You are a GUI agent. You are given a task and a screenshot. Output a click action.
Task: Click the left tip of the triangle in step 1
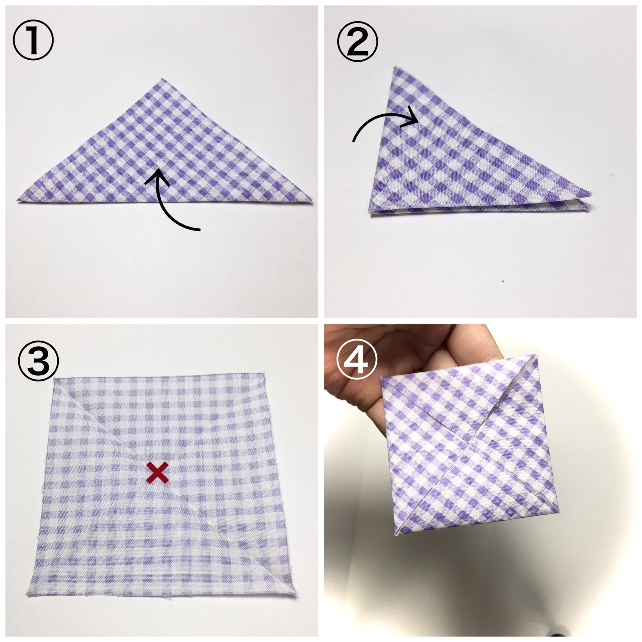pos(17,200)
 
